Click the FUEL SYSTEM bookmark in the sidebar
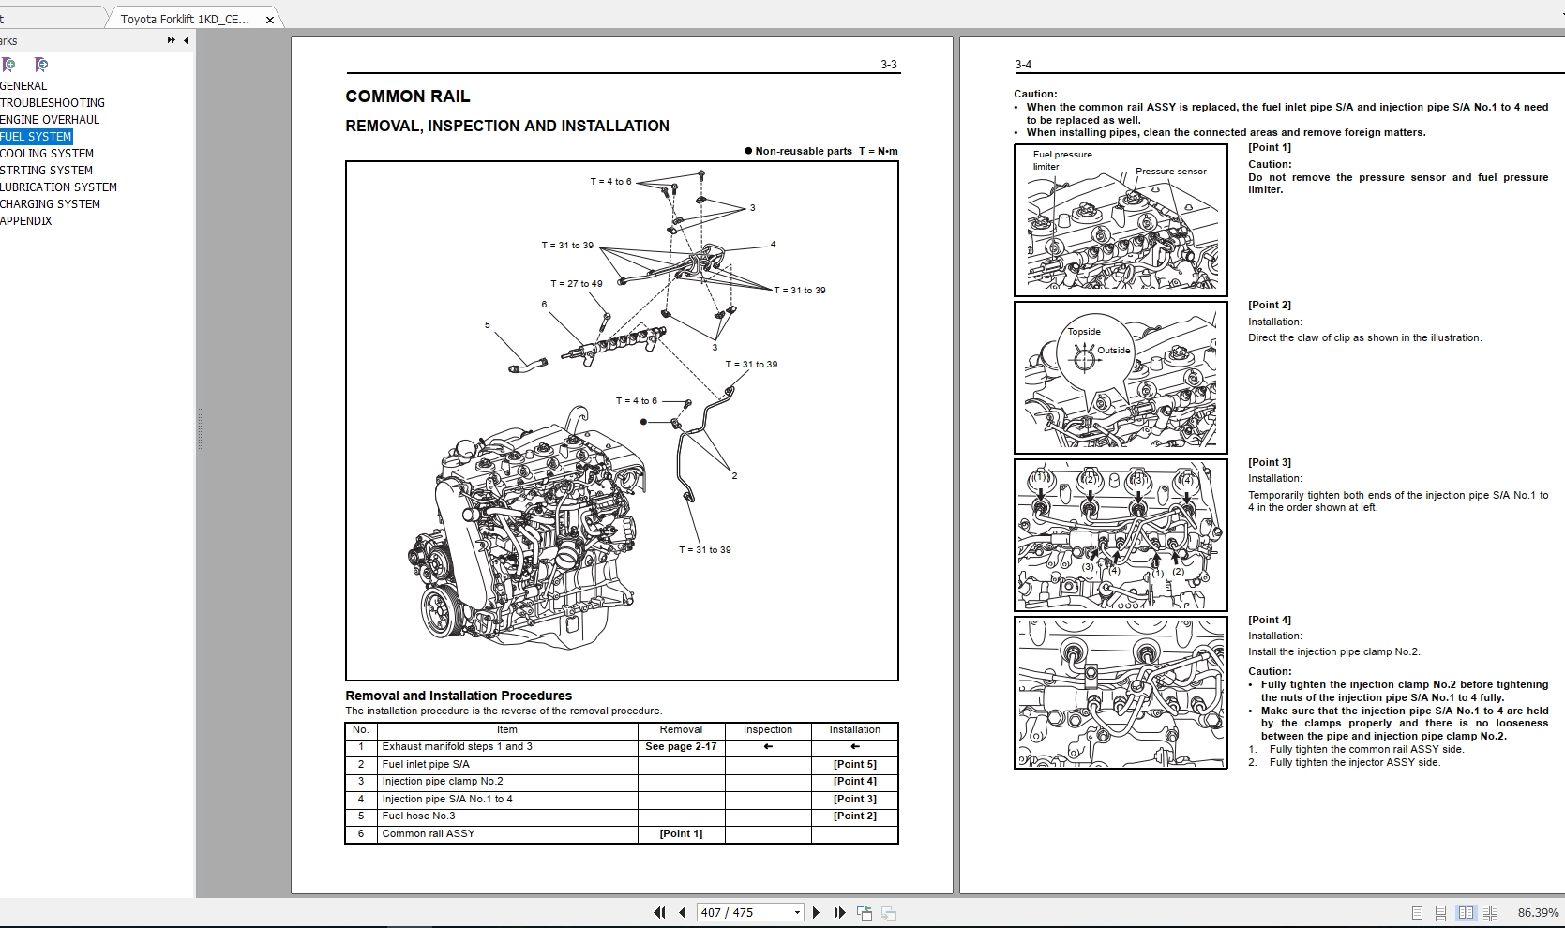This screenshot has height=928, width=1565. point(37,137)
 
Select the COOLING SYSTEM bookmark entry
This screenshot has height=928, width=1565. point(47,154)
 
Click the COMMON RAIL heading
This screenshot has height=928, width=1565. point(408,97)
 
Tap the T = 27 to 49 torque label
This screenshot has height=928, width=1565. point(577,284)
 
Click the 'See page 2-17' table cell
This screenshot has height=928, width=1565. point(681,747)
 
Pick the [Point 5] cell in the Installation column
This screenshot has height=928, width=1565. point(854,765)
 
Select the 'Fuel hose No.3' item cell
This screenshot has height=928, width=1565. point(418,816)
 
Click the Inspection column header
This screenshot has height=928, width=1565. point(768,730)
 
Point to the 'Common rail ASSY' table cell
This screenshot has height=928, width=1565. point(428,834)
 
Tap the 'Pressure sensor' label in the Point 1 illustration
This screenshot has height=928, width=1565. point(1171,172)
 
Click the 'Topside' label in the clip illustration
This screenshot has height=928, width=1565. point(1084,332)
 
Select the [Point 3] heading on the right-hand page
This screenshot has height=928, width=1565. point(1270,462)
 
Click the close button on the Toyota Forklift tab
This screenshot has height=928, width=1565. point(270,20)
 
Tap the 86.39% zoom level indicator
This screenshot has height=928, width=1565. point(1538,912)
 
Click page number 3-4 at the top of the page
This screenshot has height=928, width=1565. point(1023,65)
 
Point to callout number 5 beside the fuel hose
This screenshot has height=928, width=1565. point(488,325)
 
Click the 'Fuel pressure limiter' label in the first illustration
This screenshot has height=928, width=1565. point(1061,160)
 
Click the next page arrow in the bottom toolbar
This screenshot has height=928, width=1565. point(816,912)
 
